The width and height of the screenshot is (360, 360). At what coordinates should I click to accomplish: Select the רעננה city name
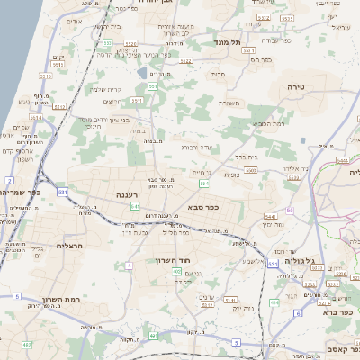click(131, 194)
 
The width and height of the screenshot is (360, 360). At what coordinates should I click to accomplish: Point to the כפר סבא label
click(205, 208)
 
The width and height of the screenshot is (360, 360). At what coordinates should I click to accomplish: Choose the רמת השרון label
click(65, 300)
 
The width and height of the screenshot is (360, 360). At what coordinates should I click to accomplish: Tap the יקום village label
click(58, 58)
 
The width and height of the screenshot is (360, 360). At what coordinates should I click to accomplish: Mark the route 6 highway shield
click(297, 313)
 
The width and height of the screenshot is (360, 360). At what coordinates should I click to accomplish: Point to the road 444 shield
click(274, 303)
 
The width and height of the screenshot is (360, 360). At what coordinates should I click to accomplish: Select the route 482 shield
click(27, 345)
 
